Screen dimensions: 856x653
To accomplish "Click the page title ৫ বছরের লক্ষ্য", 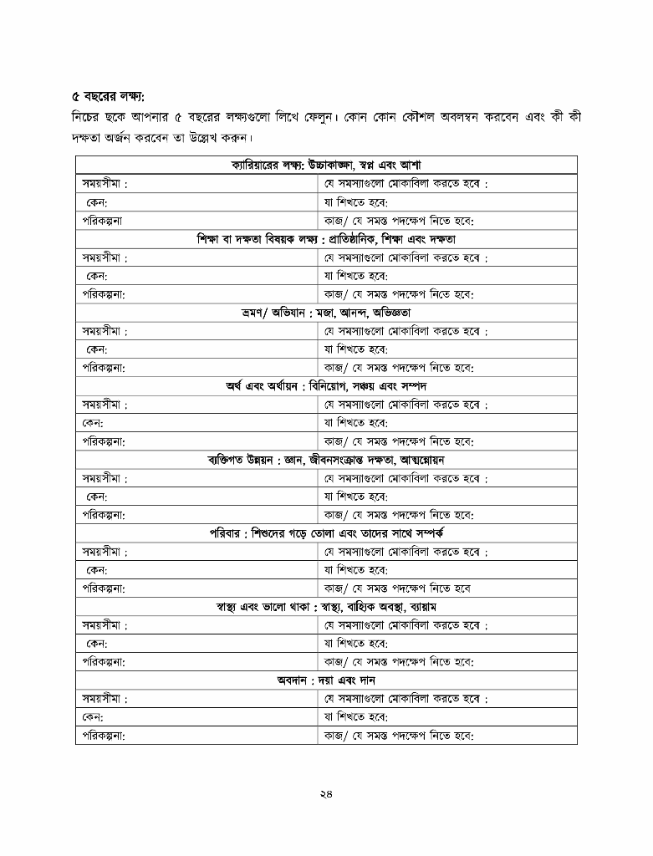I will (108, 96).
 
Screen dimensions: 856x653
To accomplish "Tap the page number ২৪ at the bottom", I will (326, 794).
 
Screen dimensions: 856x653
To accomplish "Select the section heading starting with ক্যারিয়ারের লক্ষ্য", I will (326, 166).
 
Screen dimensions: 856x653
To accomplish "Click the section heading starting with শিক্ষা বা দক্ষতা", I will (326, 239).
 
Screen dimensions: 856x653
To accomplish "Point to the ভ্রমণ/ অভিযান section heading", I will (326, 313).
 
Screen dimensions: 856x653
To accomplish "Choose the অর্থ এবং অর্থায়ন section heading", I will (326, 386).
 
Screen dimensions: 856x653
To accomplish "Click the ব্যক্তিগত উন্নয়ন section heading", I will (326, 460).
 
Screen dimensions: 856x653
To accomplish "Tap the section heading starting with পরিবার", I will (326, 533).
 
